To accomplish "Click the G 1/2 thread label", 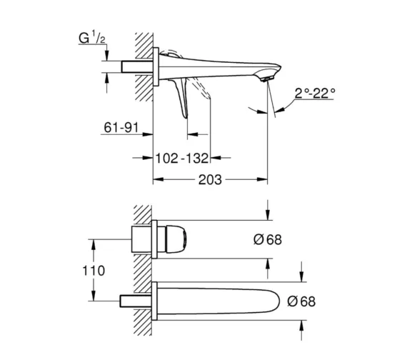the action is [x=92, y=38].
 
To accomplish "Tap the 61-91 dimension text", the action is [x=121, y=128].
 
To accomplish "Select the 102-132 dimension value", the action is [x=181, y=158].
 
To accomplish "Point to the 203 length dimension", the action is [x=210, y=180].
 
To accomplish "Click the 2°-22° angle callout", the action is [x=315, y=93].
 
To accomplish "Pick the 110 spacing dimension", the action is [x=94, y=271].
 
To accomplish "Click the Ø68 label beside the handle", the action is [x=267, y=239].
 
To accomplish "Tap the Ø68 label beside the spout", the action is [x=301, y=301].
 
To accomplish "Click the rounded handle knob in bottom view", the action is [x=176, y=239].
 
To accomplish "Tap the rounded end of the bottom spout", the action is [x=274, y=301].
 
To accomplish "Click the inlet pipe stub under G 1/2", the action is [x=137, y=66].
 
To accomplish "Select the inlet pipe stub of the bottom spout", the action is [x=136, y=301].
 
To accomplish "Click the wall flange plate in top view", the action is [x=156, y=66].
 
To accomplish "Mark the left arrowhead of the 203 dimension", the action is [x=158, y=180].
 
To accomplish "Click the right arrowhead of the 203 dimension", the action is [x=262, y=180].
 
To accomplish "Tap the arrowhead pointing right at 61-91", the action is [x=147, y=134].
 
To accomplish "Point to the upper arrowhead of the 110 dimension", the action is [x=94, y=245].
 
